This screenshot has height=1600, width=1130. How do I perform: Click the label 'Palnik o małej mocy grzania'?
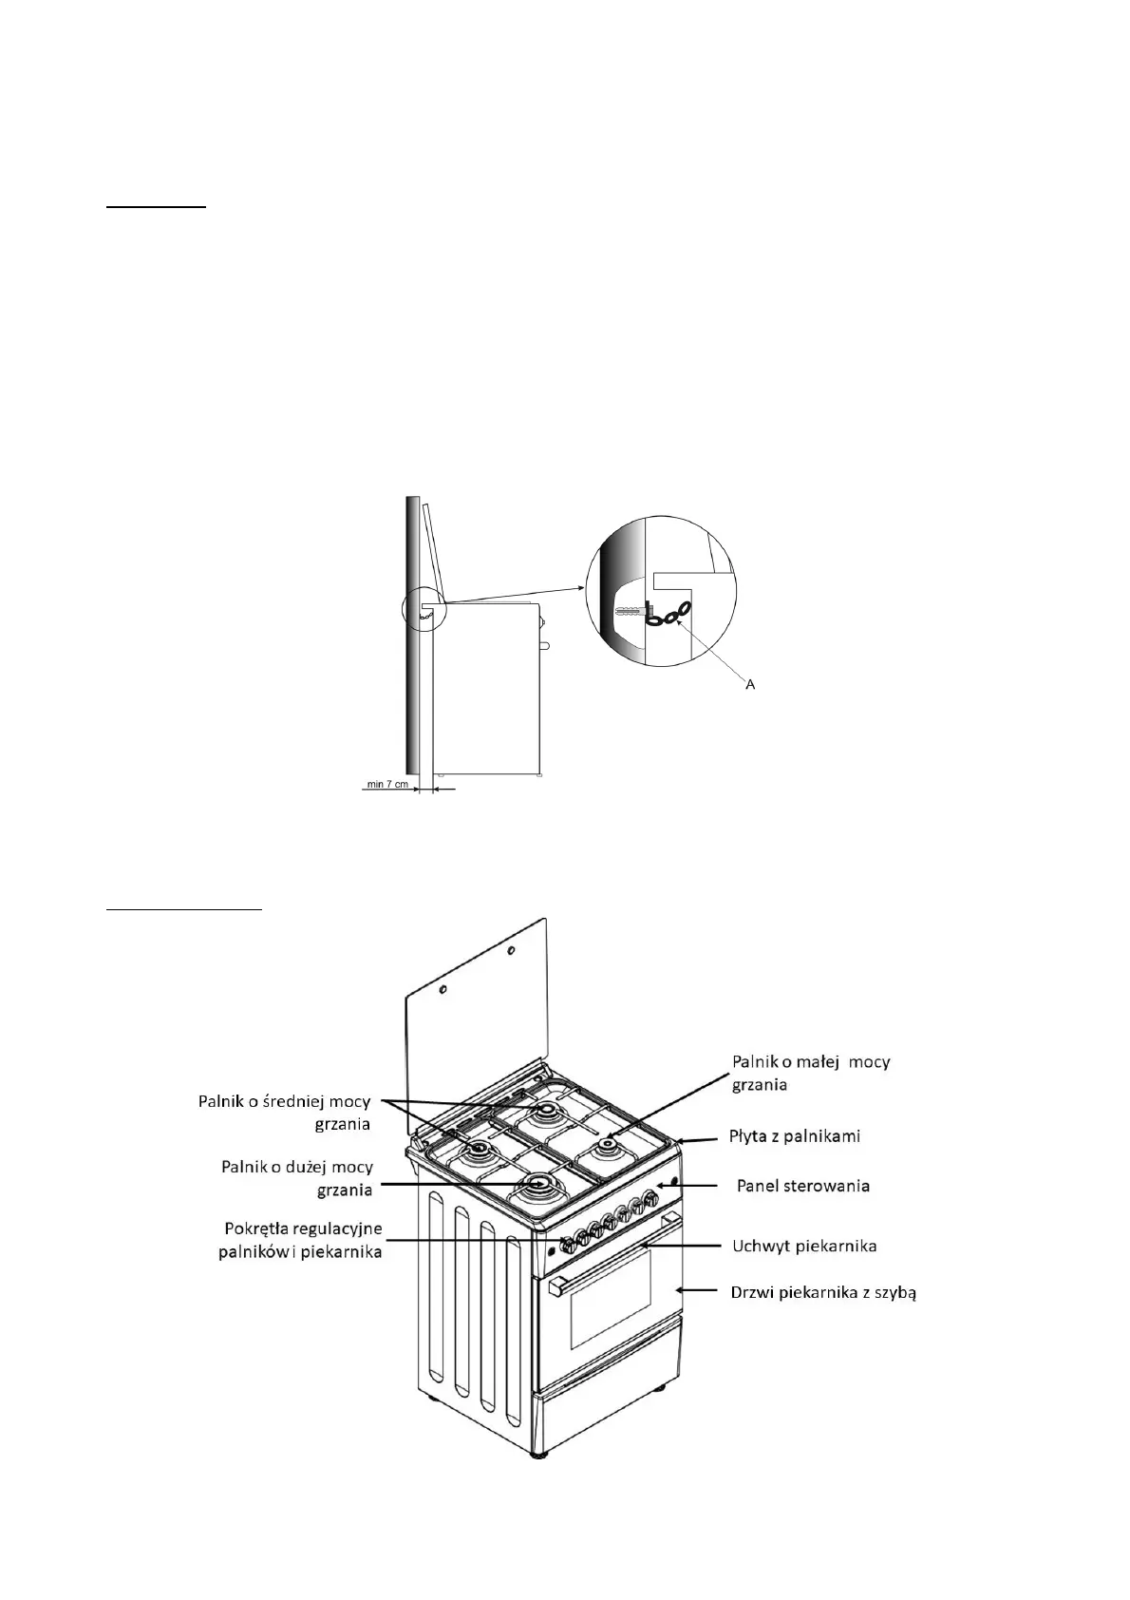coord(810,1073)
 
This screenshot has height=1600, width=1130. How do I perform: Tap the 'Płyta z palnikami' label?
coord(794,1135)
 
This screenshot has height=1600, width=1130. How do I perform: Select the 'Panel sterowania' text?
coord(803,1185)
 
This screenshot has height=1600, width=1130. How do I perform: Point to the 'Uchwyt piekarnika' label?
coord(804,1246)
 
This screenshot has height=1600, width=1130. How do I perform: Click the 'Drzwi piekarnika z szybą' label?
coord(822,1292)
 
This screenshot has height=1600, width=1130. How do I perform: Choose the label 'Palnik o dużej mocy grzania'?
coord(296,1177)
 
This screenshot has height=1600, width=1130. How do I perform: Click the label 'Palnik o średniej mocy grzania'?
coord(284,1112)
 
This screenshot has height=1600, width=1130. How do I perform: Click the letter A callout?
coord(750,684)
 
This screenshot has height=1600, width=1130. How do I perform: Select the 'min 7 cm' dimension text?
coord(387,785)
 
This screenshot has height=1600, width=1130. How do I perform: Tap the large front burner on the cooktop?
coord(539,1185)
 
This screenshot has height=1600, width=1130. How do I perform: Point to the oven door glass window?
coord(610,1299)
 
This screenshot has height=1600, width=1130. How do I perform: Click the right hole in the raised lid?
coord(510,950)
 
